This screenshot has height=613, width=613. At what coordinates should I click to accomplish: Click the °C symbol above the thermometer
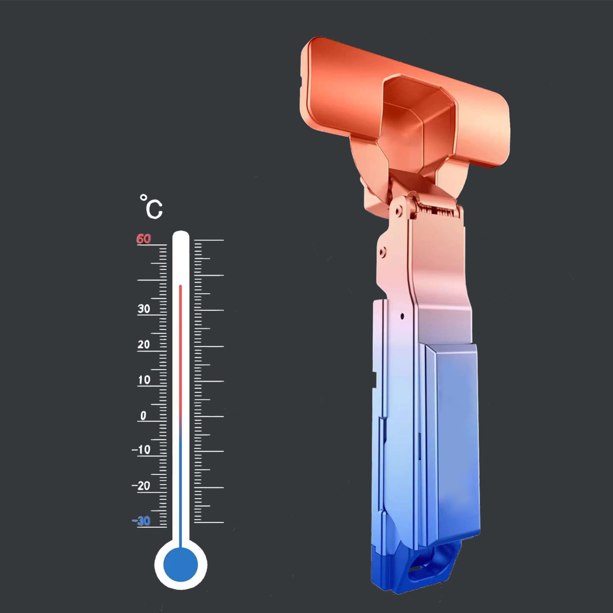[x=151, y=207]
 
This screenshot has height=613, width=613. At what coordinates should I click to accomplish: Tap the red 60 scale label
[x=143, y=239]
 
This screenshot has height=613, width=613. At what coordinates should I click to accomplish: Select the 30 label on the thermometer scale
[x=144, y=309]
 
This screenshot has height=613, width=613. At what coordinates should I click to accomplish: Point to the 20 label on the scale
[x=144, y=344]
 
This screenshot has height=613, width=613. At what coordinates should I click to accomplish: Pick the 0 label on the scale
[x=143, y=415]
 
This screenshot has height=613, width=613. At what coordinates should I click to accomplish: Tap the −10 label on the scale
[x=141, y=450]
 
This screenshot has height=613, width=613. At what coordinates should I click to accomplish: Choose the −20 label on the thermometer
[x=141, y=486]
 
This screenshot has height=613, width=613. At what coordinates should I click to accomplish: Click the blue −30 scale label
[x=141, y=521]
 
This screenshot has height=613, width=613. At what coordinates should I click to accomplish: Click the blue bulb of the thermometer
[x=180, y=564]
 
